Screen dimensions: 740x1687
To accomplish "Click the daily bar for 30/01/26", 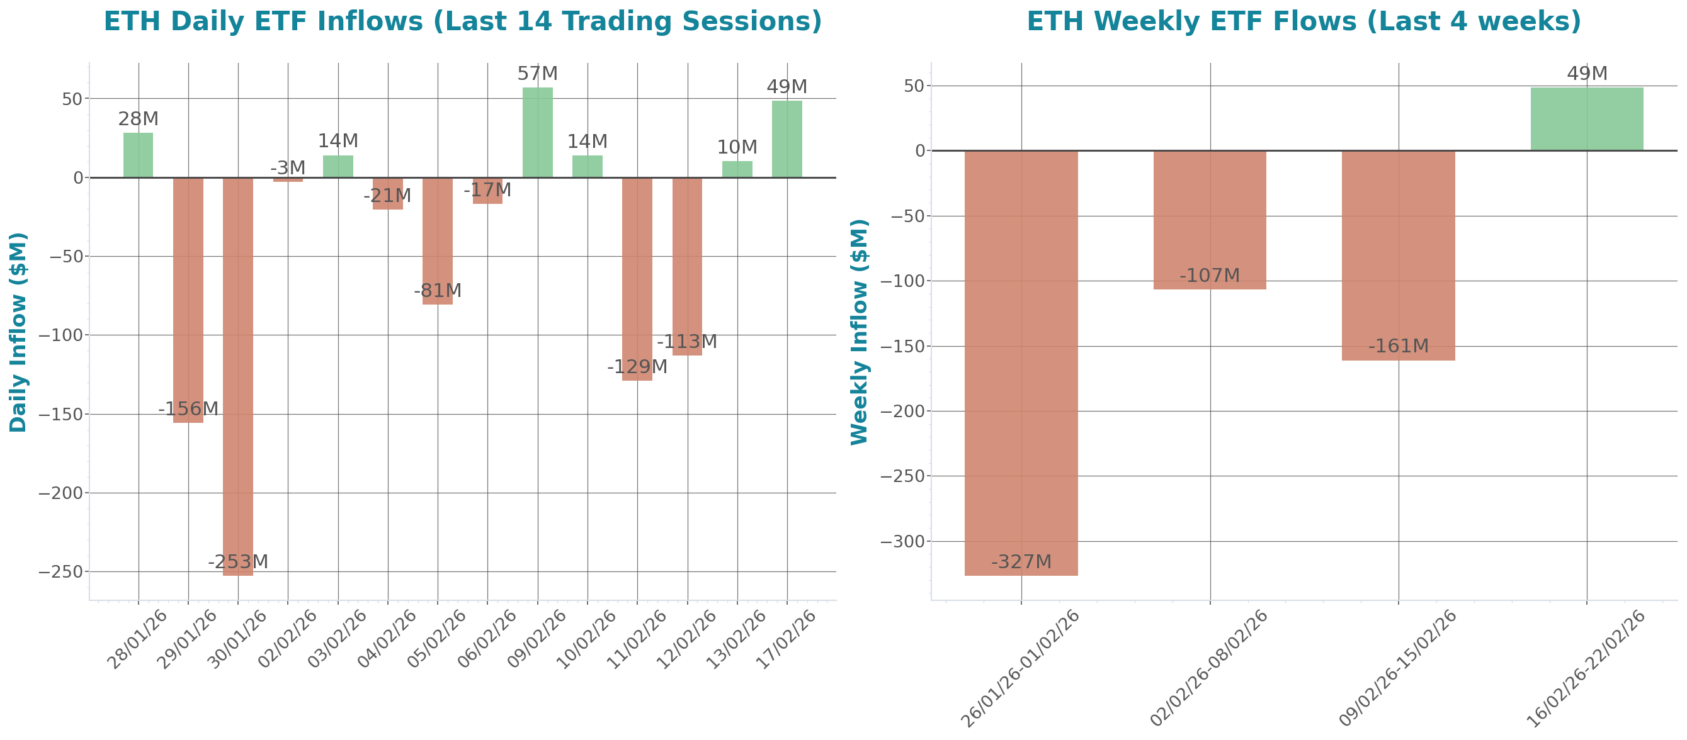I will click(238, 376).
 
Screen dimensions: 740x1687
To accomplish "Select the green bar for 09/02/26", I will click(538, 132).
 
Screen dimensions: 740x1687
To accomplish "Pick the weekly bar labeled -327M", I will click(1021, 363).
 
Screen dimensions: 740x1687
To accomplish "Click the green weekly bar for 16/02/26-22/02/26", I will click(1587, 118).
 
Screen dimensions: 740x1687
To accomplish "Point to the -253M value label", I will click(238, 562).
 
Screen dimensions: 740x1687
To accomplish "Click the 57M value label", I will click(538, 74).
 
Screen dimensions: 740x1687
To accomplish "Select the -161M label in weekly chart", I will click(1398, 346).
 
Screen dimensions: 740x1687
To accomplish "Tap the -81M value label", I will click(438, 291).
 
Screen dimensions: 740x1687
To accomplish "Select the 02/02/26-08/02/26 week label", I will click(1209, 668).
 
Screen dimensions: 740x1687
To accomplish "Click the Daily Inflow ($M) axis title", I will click(18, 332).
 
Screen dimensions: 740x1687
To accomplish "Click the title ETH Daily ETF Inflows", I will click(462, 21).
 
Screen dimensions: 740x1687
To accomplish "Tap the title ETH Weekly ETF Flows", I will click(1304, 21).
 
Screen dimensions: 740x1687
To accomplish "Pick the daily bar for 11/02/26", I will click(637, 279).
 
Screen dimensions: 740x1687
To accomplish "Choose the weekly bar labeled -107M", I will click(1210, 220).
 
